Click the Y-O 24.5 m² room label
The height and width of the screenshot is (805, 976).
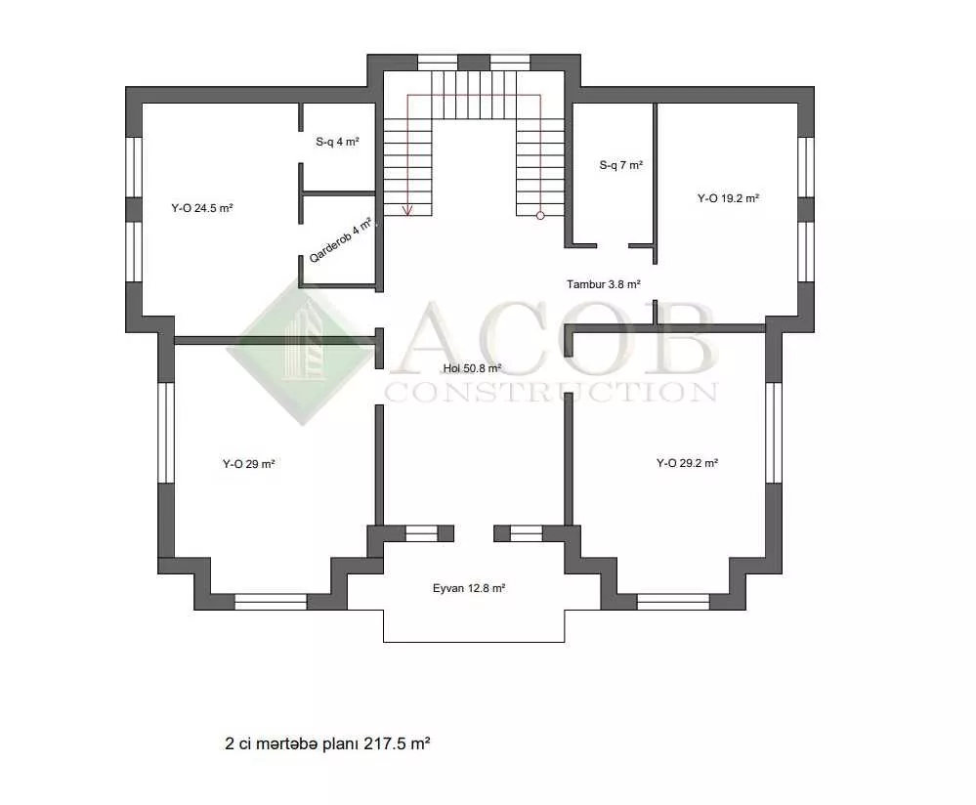201,208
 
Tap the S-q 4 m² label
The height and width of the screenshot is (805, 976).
337,142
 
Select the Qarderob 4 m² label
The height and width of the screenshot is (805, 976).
341,239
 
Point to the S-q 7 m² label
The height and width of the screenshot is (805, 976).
621,165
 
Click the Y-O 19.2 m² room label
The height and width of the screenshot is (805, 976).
728,198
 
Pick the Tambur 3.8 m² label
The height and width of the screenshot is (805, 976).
603,284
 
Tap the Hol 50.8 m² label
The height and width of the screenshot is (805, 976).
473,368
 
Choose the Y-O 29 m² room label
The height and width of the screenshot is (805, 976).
248,464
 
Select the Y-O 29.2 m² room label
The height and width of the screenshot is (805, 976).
687,462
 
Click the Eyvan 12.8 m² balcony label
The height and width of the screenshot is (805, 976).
469,588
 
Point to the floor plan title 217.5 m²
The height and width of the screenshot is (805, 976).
327,743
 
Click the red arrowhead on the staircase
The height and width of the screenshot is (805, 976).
407,210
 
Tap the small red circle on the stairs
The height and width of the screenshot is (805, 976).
540,215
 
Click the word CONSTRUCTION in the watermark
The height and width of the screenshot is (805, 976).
551,392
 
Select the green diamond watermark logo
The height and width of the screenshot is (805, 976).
303,352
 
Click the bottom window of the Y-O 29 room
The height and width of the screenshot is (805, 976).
271,602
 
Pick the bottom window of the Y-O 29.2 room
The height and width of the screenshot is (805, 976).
673,602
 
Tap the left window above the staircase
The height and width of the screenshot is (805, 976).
438,63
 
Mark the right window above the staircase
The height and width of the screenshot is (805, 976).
510,63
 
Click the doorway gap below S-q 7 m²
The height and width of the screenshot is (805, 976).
613,246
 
